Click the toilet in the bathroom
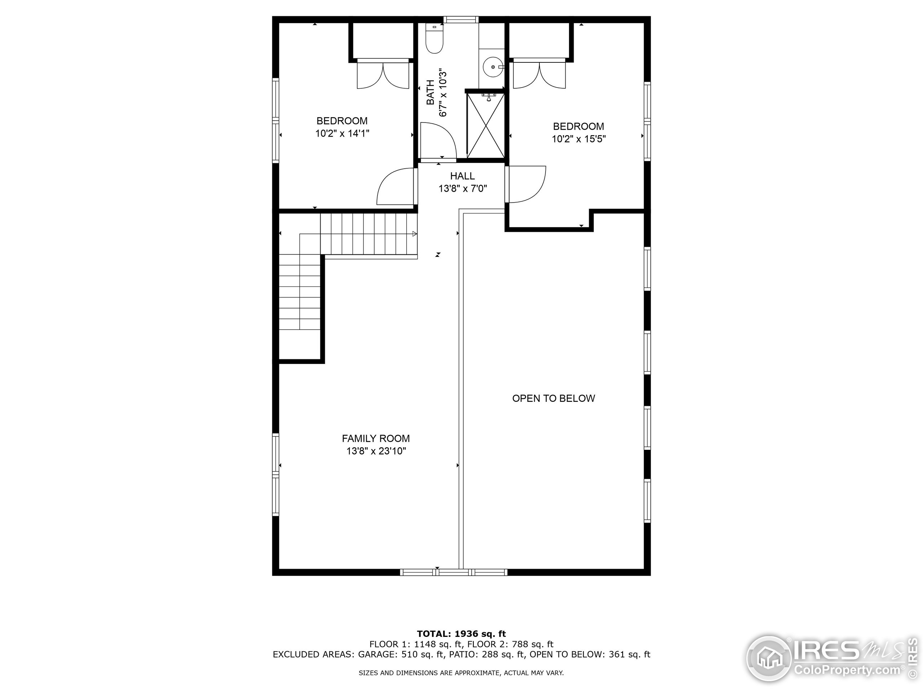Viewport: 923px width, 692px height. point(434,40)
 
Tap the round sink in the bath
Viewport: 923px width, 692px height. point(493,67)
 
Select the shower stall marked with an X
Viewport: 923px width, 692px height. point(485,125)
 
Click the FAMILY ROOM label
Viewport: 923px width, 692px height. point(376,438)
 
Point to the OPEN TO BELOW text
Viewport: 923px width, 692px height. point(553,398)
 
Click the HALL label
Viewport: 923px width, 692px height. point(462,176)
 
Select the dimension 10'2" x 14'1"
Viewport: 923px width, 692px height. point(342,133)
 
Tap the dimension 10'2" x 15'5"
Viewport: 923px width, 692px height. point(578,139)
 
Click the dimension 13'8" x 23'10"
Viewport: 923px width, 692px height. point(376,451)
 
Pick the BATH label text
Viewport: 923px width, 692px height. point(430,92)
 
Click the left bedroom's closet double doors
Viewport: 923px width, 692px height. point(383,75)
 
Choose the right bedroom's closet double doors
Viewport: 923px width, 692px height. point(539,75)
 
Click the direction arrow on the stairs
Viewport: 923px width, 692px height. point(414,234)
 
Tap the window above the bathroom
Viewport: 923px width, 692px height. point(461,19)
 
